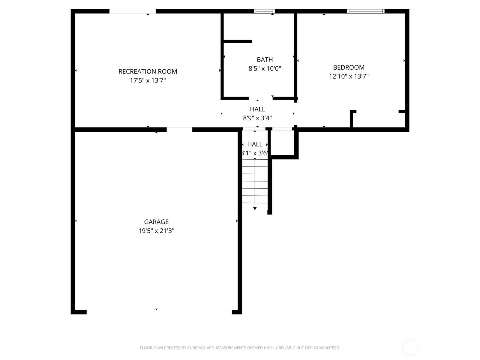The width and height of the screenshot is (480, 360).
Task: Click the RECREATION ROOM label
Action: [148, 71]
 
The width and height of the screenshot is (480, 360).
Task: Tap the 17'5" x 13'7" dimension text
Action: [148, 80]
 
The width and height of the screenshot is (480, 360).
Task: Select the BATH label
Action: [265, 59]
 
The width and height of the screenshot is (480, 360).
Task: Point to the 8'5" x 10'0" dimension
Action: [265, 69]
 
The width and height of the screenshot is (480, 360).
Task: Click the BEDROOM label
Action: [349, 67]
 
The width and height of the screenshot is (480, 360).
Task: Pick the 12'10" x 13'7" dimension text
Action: [349, 76]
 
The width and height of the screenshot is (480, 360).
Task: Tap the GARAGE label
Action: [156, 222]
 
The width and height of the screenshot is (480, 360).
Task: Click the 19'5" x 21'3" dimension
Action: [156, 231]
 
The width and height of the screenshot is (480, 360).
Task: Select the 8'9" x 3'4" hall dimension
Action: [257, 118]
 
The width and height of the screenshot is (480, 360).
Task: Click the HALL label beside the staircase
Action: [255, 144]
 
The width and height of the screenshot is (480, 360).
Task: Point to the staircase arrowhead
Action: [255, 208]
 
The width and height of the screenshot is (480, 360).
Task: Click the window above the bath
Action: [264, 11]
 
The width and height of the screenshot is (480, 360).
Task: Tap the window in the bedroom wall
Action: [366, 11]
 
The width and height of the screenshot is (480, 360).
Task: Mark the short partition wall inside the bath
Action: [238, 41]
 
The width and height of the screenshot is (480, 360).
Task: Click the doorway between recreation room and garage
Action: [179, 130]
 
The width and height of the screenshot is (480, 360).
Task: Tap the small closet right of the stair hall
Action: [283, 143]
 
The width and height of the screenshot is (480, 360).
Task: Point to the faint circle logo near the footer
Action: [410, 348]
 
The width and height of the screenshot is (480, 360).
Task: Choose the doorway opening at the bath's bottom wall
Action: [261, 98]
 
